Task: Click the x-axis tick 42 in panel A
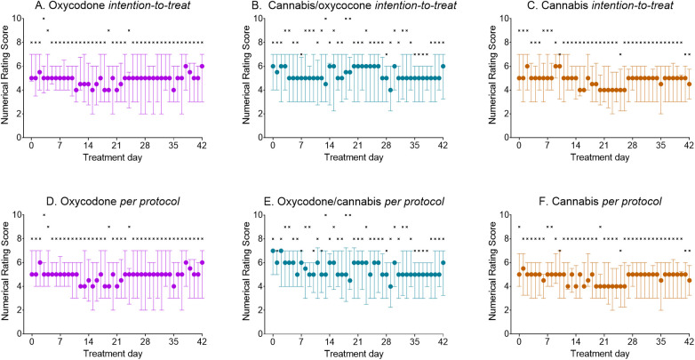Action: [x=203, y=145]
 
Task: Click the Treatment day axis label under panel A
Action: [x=117, y=157]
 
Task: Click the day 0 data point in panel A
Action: [x=32, y=77]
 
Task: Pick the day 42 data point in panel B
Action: [x=443, y=66]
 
